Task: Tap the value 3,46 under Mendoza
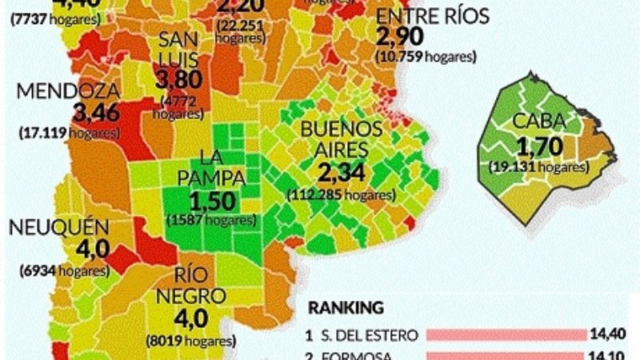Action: pyautogui.click(x=95, y=111)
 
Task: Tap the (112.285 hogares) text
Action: pyautogui.click(x=340, y=194)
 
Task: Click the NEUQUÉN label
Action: pyautogui.click(x=58, y=227)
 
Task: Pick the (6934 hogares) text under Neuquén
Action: pyautogui.click(x=65, y=270)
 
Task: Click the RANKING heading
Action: pyautogui.click(x=346, y=307)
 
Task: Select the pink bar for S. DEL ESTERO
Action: pyautogui.click(x=506, y=334)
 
